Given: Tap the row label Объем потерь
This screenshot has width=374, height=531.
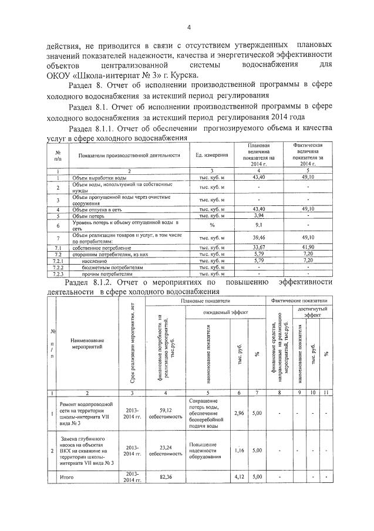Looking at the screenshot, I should [x=87, y=215].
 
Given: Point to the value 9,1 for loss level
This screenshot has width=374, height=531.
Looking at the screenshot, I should [x=259, y=225].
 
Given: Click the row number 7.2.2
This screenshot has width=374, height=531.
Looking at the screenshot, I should [x=58, y=267].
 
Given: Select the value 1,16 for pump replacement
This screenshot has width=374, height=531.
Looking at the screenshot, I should [x=239, y=451].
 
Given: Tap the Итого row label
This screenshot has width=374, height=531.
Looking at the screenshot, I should [x=69, y=478].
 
